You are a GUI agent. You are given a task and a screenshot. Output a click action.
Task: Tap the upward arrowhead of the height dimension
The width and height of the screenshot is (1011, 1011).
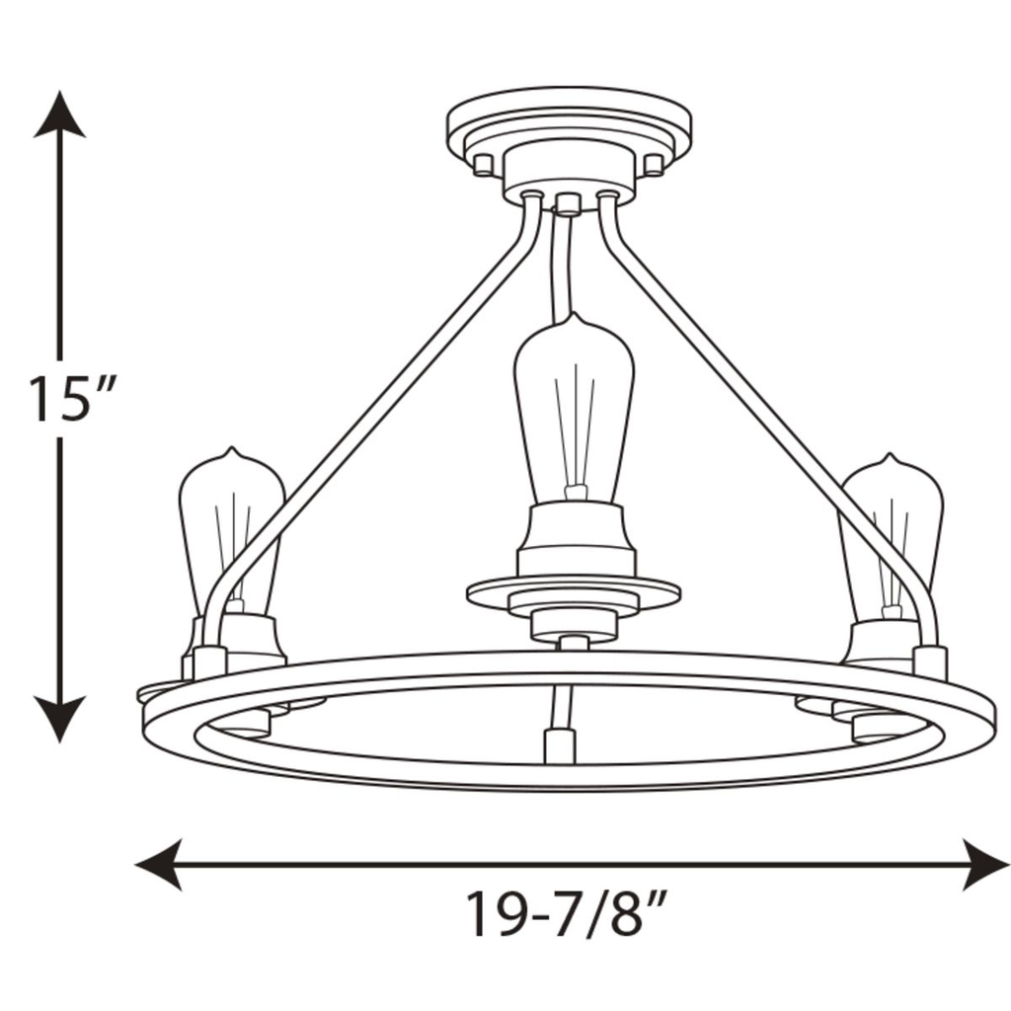point(60,114)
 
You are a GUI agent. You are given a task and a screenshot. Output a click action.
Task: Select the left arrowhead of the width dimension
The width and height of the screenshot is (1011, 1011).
point(158,865)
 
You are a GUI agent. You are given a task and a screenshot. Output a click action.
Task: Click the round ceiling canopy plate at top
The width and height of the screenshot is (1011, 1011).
point(569,123)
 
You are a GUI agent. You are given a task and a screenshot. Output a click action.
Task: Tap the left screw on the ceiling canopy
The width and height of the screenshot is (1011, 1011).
point(483,162)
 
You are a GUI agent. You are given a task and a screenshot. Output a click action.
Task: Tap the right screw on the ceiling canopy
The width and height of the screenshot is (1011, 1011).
point(654,162)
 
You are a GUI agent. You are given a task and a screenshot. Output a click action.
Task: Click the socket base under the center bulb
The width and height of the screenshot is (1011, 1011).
point(573,538)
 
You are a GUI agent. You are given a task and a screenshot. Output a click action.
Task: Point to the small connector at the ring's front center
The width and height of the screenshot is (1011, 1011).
point(559,743)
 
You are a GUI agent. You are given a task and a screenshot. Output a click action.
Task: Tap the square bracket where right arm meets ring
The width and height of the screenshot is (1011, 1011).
point(930,661)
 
